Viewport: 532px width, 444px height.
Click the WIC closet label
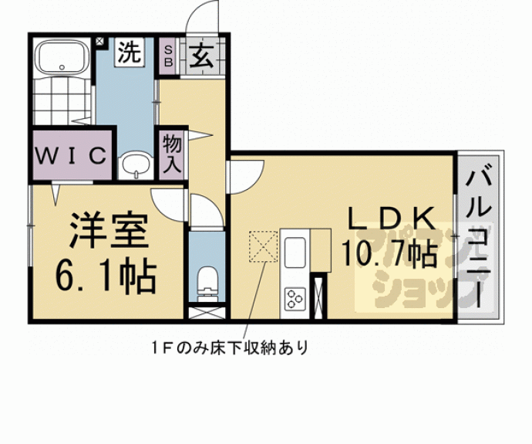click(x=70, y=155)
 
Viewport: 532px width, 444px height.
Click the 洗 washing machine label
click(x=130, y=53)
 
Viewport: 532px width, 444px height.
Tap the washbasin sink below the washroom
click(x=136, y=164)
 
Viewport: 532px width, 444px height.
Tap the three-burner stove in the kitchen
click(x=295, y=297)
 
